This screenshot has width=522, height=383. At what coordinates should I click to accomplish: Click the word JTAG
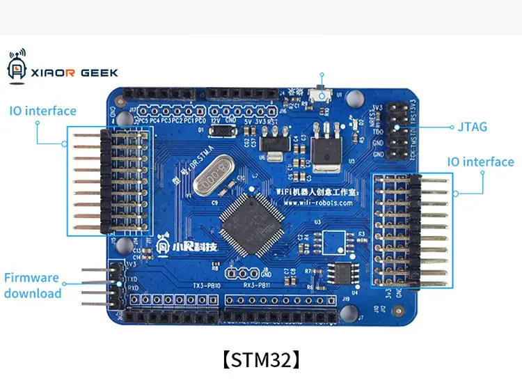click(473, 127)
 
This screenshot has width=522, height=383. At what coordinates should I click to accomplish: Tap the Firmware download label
click(33, 286)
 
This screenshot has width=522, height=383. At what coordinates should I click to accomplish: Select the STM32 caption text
click(261, 360)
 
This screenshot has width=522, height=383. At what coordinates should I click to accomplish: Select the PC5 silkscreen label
click(143, 120)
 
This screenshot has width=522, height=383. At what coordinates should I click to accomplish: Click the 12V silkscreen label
click(216, 120)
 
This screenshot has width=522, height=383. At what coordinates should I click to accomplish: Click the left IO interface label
click(42, 111)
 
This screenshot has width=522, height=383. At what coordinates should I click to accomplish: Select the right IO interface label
click(480, 162)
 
